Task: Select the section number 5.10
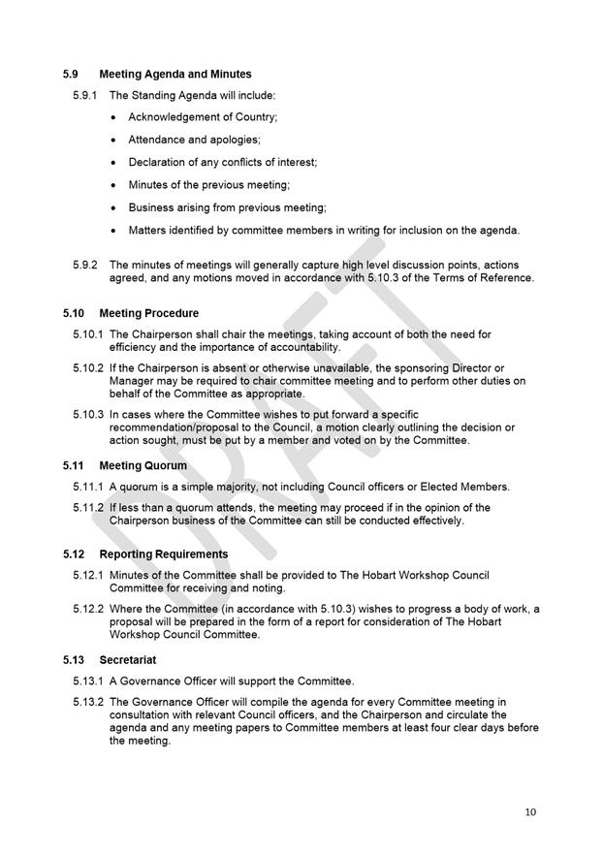pos(75,313)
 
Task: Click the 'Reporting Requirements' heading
pos(164,554)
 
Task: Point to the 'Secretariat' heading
pos(128,659)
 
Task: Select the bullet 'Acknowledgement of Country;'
pos(203,117)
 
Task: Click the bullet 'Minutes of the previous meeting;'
pos(209,184)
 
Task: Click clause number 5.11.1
pos(88,487)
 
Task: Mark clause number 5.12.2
pos(88,609)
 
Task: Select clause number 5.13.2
pos(88,702)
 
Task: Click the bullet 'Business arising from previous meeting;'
pos(227,207)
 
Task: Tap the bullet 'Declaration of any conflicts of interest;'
pos(222,162)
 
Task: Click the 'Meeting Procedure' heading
pos(148,313)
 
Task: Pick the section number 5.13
pos(75,659)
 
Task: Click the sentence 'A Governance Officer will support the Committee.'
pos(232,680)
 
